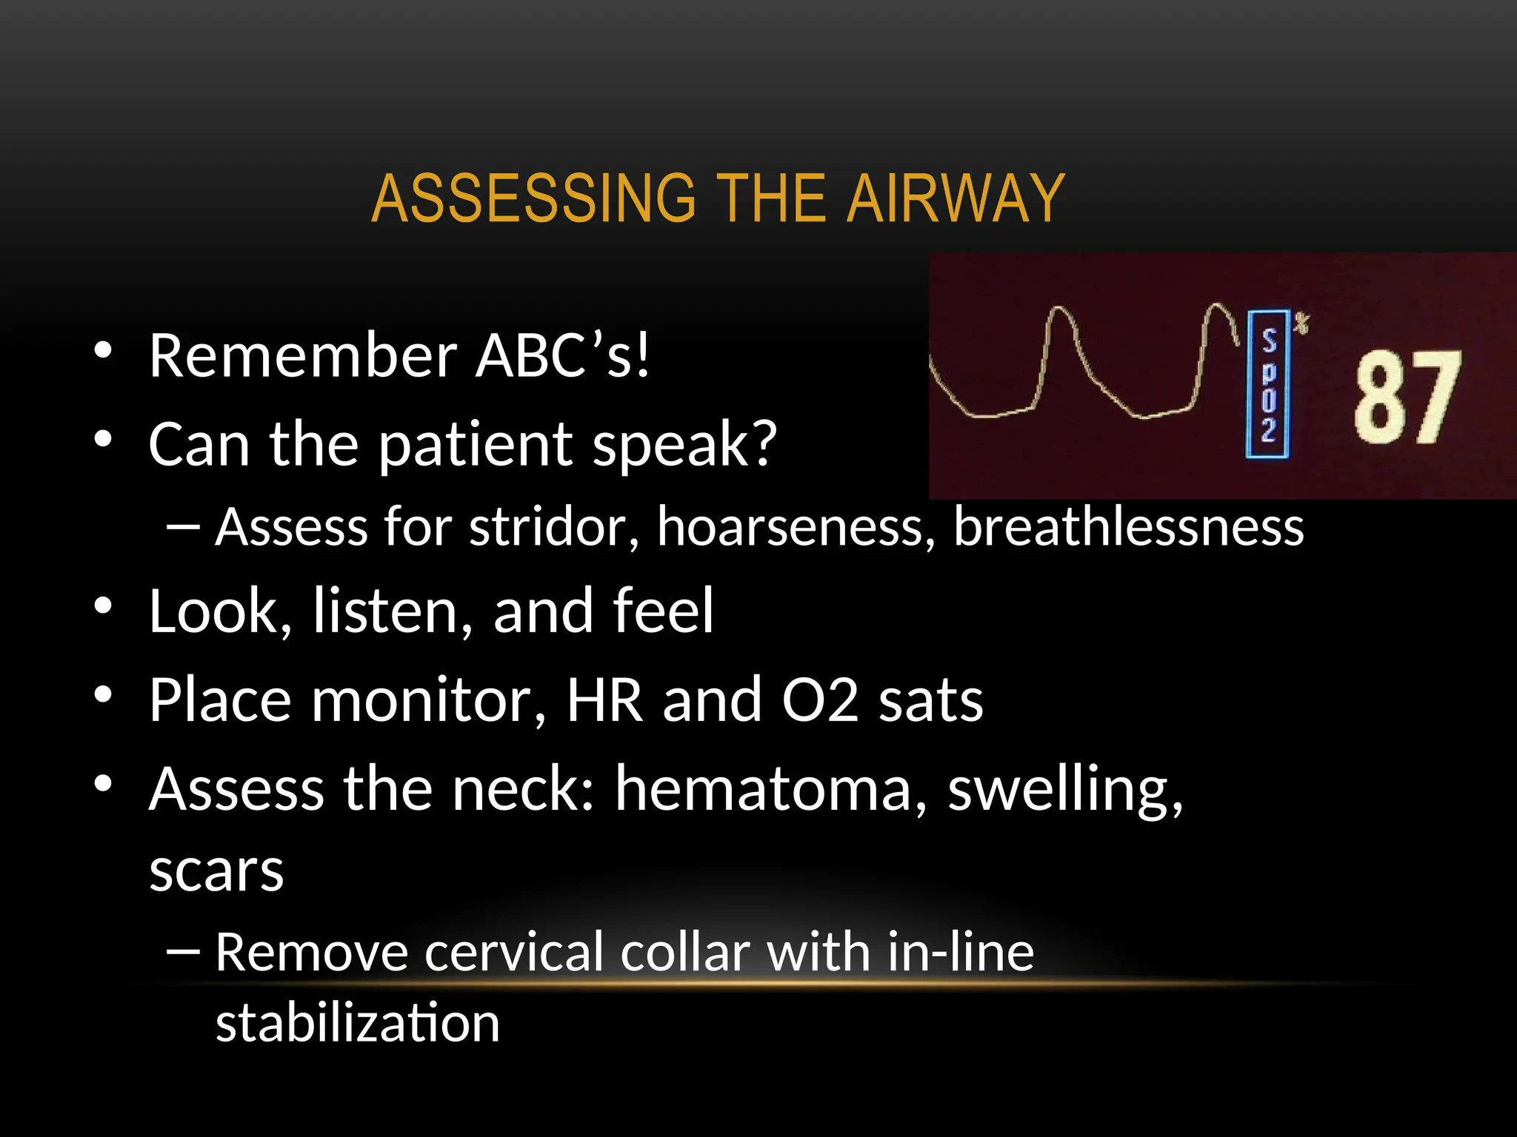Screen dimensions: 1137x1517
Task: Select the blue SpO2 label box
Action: [1268, 384]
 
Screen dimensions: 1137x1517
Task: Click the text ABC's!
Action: [563, 356]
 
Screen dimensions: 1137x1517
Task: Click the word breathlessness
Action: [1128, 527]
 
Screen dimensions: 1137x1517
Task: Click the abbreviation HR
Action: [604, 700]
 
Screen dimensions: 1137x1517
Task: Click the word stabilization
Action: [358, 1023]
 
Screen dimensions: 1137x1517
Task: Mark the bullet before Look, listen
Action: [103, 607]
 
